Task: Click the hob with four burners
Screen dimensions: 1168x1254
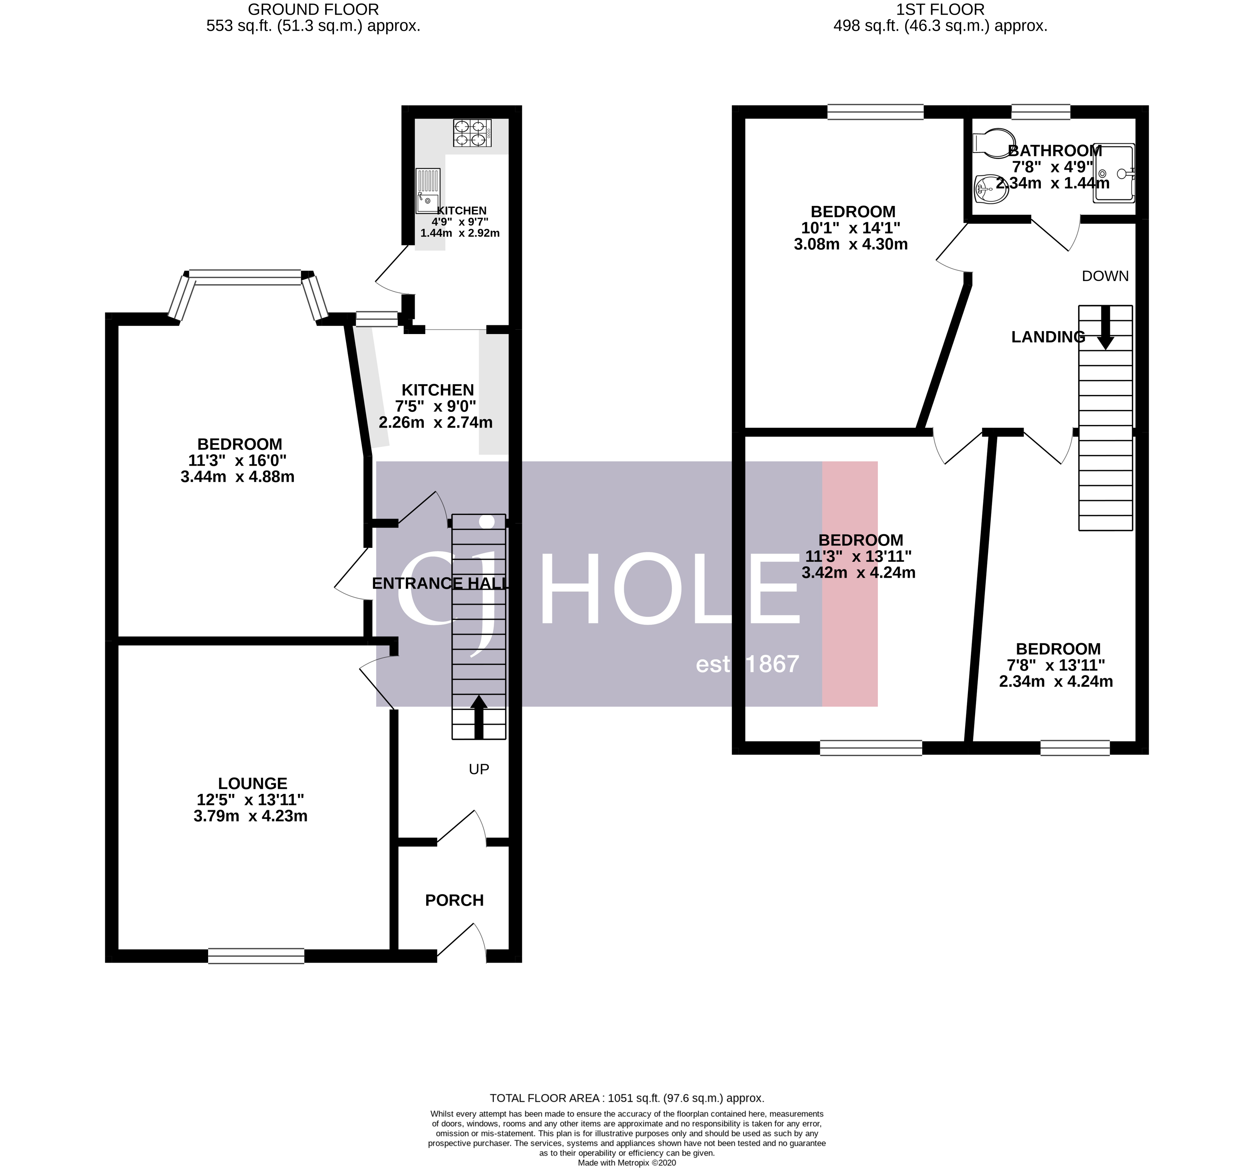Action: point(472,133)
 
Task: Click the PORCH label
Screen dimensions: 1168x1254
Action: point(454,900)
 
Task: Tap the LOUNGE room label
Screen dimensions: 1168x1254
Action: point(252,783)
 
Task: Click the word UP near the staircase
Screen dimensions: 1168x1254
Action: point(479,769)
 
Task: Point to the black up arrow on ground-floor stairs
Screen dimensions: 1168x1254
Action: point(479,716)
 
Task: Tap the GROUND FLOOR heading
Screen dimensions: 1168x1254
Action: point(313,9)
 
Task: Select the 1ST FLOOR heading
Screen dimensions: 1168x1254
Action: point(940,9)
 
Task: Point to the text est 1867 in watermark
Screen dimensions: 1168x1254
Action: point(747,664)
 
